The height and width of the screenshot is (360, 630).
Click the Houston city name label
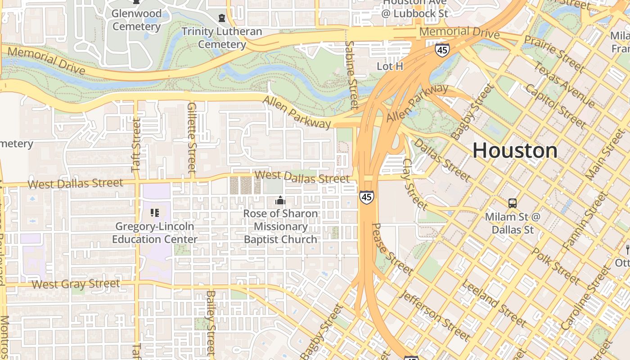coord(515,150)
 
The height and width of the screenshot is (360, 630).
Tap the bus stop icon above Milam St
coord(512,203)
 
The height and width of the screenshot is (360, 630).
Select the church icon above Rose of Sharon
coord(280,200)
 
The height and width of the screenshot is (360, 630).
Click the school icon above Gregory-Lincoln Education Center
coord(154,213)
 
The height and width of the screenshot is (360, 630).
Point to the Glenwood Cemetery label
coord(136,20)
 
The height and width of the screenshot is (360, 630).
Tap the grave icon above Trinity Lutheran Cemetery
coord(221,18)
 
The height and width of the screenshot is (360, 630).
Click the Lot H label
coord(390,67)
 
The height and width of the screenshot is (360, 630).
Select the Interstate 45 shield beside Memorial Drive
coord(442,50)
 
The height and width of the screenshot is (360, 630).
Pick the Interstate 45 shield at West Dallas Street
coord(366,197)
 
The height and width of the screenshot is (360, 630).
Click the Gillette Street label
coord(192,138)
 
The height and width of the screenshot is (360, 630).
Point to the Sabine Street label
coord(351,75)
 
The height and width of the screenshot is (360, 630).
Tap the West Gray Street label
coord(76,284)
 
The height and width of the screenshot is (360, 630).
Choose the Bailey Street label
coord(211,323)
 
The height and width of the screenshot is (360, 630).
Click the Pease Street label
coord(392,249)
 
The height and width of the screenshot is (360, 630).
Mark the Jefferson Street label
coord(435,315)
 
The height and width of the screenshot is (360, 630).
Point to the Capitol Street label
coord(555,106)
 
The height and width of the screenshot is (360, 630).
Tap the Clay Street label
coord(414,184)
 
